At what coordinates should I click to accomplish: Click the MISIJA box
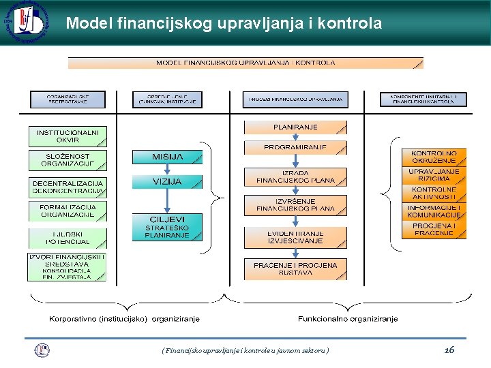tap(167, 157)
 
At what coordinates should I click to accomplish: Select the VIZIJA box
tap(167, 181)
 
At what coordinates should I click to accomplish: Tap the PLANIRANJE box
tap(295, 127)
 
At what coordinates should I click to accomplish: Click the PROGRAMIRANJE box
tap(295, 147)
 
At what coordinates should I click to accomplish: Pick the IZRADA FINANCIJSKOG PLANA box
tap(295, 177)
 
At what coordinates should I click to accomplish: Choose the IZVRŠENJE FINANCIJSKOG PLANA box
tap(295, 205)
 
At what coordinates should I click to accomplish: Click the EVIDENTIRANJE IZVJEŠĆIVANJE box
tap(295, 236)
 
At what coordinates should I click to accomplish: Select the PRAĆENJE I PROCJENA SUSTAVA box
tap(295, 269)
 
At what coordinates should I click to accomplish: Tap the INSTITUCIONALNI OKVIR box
tap(68, 136)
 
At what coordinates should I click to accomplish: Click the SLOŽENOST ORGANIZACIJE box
tap(68, 160)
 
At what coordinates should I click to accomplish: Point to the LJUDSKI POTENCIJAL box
tap(68, 238)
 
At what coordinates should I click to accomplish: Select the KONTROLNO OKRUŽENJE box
tap(434, 157)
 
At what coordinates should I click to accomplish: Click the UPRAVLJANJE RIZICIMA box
tap(434, 175)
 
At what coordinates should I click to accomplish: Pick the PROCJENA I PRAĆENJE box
tap(434, 229)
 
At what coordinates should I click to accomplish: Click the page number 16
tap(449, 350)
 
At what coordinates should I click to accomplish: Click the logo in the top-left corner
tap(25, 22)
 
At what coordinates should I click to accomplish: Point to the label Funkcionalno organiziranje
tap(348, 318)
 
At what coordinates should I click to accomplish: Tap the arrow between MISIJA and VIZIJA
tap(167, 170)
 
